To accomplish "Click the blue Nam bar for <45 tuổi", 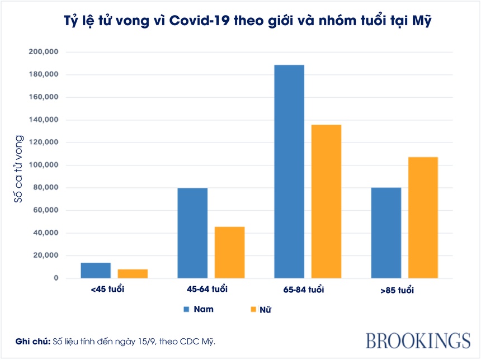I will point(96,271).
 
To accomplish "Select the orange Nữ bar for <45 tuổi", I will point(133,274).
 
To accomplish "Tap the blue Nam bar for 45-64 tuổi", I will point(192,233).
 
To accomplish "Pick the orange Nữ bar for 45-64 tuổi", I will point(229,252).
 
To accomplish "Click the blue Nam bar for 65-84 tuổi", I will point(289,172).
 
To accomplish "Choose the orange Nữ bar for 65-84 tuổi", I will point(326,201).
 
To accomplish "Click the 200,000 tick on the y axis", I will point(44,52).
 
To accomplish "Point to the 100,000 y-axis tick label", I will point(44,165).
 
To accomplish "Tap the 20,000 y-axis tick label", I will point(46,255).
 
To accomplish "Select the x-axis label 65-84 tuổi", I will point(304,290).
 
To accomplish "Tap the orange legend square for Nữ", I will point(252,309).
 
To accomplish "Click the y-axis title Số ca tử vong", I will point(18,168).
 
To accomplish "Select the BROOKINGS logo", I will point(418,340).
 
